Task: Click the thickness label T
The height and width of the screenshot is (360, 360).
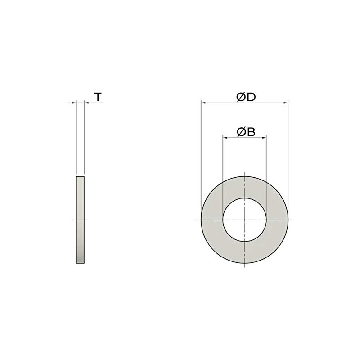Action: (x=98, y=96)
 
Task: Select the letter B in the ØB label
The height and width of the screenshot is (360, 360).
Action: (x=251, y=131)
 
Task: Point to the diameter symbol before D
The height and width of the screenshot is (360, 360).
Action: (x=241, y=96)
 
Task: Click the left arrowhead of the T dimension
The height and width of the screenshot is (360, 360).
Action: (x=74, y=103)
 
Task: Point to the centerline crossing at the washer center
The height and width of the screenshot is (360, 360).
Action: (x=245, y=220)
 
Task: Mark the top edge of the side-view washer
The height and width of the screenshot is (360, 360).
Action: (x=80, y=177)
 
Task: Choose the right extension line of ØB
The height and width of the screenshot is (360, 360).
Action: (x=267, y=171)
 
